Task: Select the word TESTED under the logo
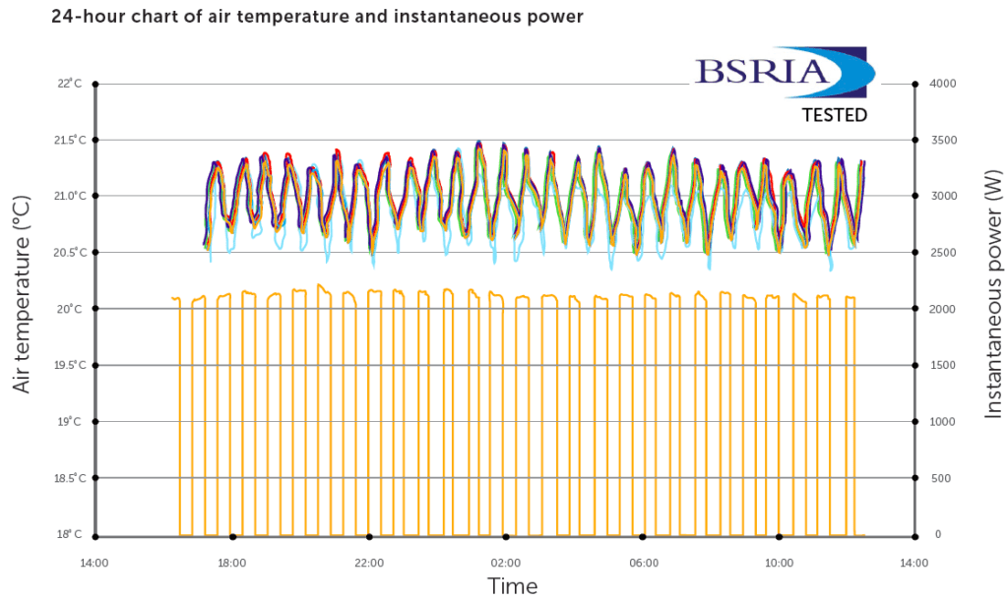[834, 115]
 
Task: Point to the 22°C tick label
[69, 84]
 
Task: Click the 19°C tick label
[69, 422]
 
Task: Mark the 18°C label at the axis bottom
[69, 535]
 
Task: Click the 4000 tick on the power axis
[943, 84]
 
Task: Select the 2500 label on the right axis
[943, 253]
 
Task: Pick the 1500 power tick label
[943, 366]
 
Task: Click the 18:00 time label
[231, 564]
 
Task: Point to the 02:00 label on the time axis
[506, 564]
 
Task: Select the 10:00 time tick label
[780, 564]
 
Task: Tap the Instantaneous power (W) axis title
[991, 292]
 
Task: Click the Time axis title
[513, 587]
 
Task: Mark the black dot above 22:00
[369, 537]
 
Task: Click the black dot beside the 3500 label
[915, 140]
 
